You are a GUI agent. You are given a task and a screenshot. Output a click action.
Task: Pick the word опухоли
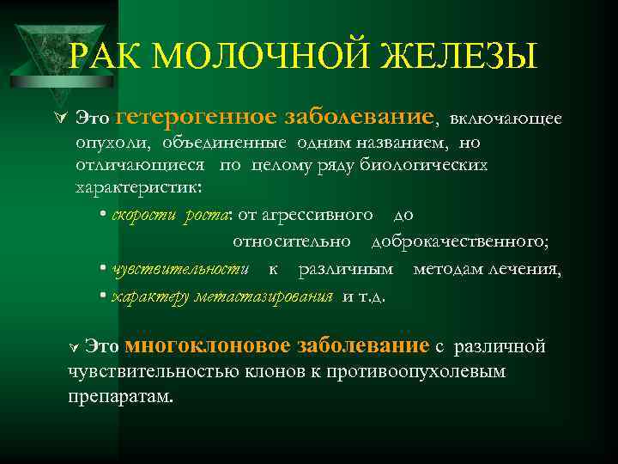103,143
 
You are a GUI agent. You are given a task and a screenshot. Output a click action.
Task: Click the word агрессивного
318,213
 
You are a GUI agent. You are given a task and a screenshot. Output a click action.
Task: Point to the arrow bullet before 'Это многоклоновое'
74,349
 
